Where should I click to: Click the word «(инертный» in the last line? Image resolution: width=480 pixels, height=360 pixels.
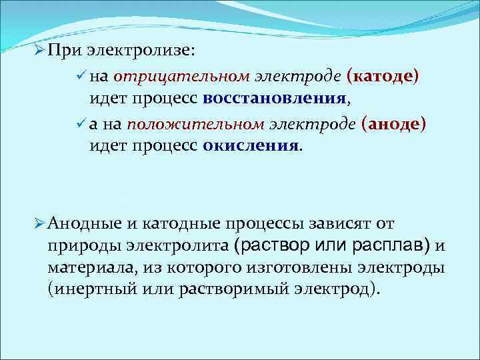87,291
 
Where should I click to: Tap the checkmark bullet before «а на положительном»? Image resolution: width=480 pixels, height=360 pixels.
81,124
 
